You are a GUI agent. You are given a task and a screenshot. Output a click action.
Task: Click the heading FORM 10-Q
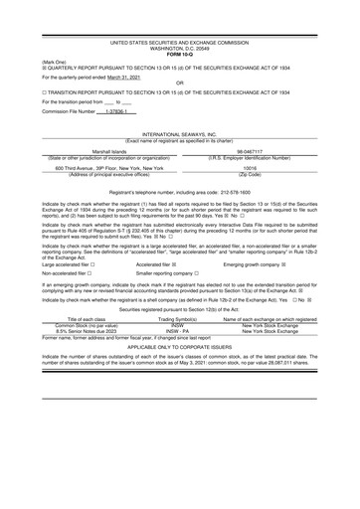[179, 26]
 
